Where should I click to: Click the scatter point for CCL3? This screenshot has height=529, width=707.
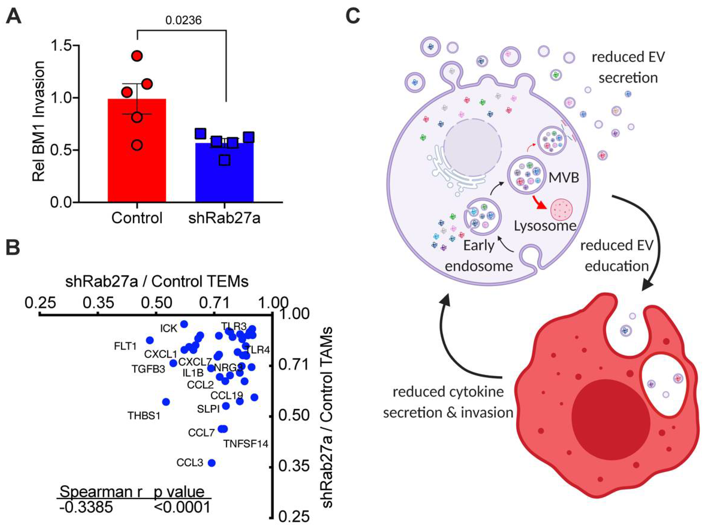coord(212,463)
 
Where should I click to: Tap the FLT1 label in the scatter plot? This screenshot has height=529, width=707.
coord(125,346)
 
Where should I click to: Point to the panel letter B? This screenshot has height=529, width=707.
coord(14,248)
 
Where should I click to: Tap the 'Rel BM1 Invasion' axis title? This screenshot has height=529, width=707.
coord(39,121)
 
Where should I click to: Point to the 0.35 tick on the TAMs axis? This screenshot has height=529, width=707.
coord(294,467)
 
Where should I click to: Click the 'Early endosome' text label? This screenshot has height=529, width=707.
coord(479,256)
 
